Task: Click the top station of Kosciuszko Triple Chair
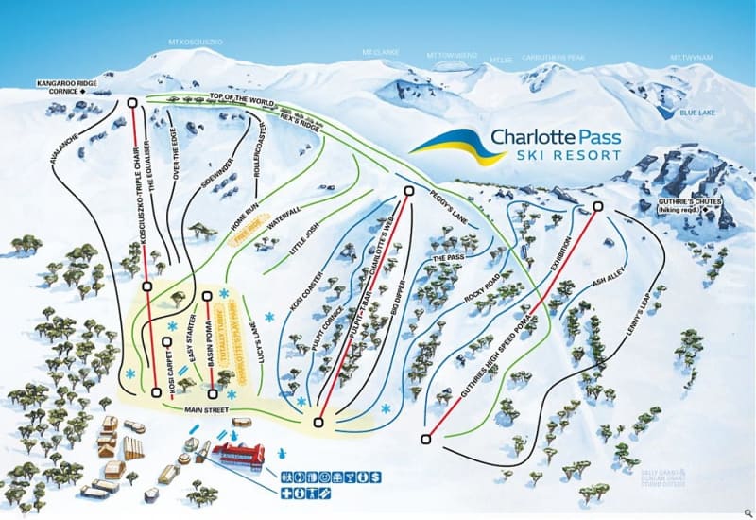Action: point(132,102)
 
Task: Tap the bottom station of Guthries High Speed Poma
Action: point(427,438)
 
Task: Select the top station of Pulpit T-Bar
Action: point(408,191)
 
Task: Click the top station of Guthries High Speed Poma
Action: point(597,206)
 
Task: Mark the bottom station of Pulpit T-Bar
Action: point(318,422)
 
